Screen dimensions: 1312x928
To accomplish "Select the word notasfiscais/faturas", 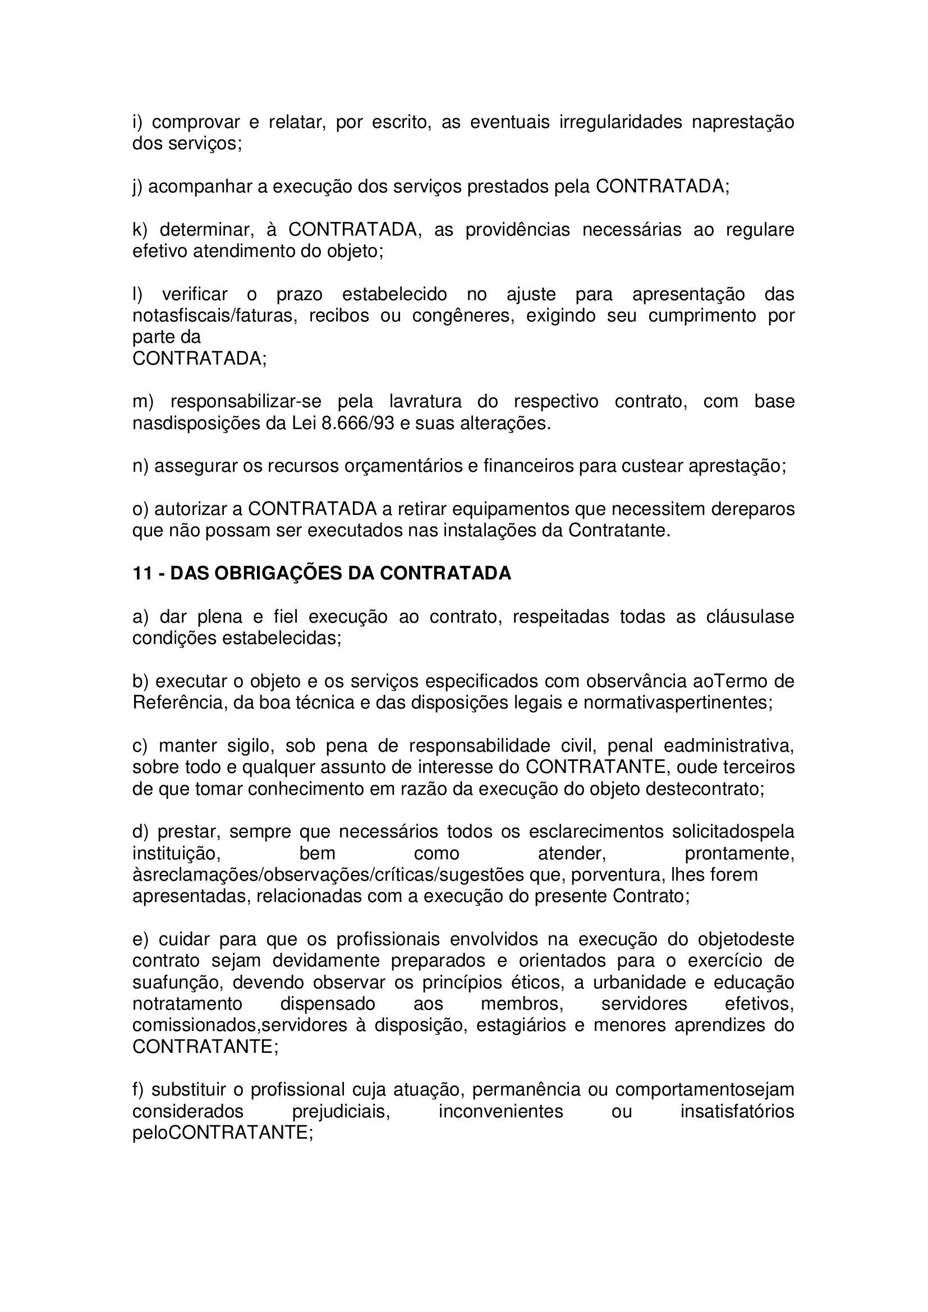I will coord(214,315).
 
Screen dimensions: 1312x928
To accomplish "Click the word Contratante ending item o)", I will coord(618,530).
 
